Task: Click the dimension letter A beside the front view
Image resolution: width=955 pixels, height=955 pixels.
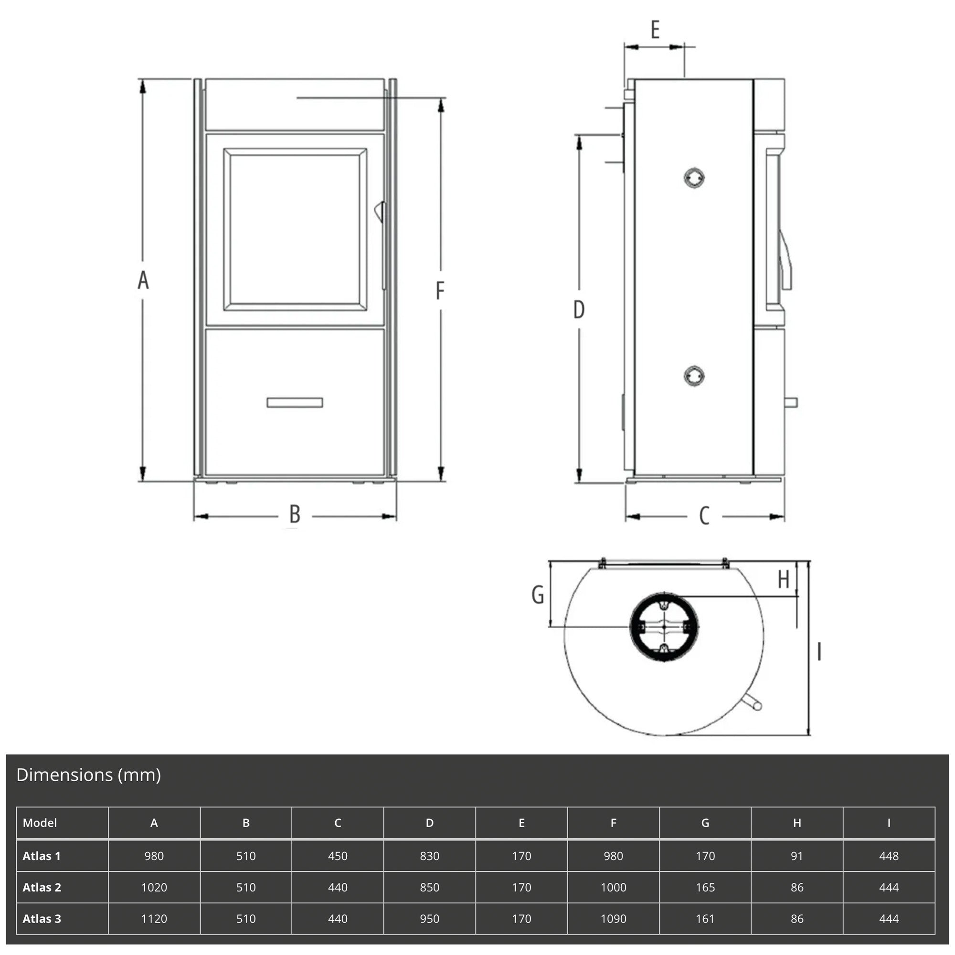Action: pyautogui.click(x=143, y=280)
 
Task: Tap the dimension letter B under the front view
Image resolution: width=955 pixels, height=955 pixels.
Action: pyautogui.click(x=295, y=515)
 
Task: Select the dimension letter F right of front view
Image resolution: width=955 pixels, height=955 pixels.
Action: pyautogui.click(x=440, y=291)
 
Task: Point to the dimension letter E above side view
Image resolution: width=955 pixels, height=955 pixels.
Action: pyautogui.click(x=655, y=30)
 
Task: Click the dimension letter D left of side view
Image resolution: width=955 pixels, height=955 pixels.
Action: pyautogui.click(x=579, y=310)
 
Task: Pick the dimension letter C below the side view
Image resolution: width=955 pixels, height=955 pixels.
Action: pyautogui.click(x=704, y=516)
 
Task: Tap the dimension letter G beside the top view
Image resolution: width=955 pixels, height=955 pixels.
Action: pyautogui.click(x=538, y=594)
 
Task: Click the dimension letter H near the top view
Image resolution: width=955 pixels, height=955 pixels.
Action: pyautogui.click(x=784, y=580)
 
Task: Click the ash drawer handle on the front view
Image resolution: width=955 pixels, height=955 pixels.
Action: pyautogui.click(x=295, y=403)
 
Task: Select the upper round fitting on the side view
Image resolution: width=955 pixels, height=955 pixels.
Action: pyautogui.click(x=694, y=178)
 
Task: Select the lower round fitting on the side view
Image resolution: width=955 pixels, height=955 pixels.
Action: pyautogui.click(x=694, y=376)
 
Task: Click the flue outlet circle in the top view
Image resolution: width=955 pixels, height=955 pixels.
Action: pyautogui.click(x=664, y=627)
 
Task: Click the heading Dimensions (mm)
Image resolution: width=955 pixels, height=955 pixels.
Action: pyautogui.click(x=88, y=775)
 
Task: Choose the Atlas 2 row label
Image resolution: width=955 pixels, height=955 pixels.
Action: pyautogui.click(x=42, y=887)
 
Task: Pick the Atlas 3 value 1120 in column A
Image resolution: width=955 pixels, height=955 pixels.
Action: pyautogui.click(x=154, y=919)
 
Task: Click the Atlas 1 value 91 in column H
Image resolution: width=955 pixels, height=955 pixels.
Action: pyautogui.click(x=797, y=856)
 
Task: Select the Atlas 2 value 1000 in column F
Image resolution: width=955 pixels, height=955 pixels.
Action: pyautogui.click(x=614, y=887)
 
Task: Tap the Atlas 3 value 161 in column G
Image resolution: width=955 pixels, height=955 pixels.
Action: pyautogui.click(x=705, y=919)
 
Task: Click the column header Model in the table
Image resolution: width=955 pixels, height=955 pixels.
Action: pyautogui.click(x=40, y=823)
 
